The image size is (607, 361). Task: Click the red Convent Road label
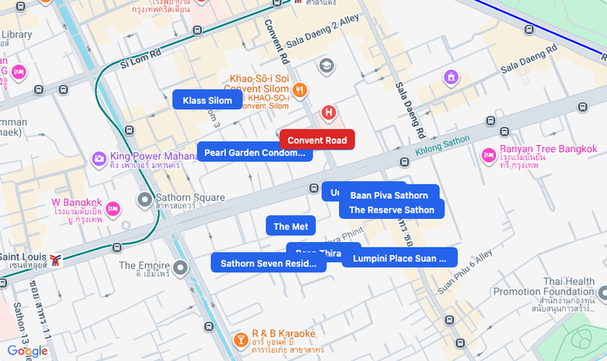[x=317, y=141]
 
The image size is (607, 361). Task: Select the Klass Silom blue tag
[x=207, y=100]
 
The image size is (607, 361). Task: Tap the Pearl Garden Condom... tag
[x=254, y=153]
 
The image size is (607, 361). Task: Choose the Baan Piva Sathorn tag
[x=389, y=195]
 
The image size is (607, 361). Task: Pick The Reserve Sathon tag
[x=392, y=210]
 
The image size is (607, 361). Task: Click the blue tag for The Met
[x=291, y=227]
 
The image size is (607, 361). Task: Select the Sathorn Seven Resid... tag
[x=268, y=263]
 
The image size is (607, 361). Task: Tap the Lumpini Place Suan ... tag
[x=400, y=259]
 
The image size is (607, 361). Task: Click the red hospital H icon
[x=329, y=112]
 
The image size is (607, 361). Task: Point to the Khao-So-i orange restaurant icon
[x=300, y=90]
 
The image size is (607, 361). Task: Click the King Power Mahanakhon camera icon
[x=99, y=157]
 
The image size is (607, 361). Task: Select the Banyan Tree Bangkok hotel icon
[x=489, y=155]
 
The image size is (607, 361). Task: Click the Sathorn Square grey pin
[x=145, y=199]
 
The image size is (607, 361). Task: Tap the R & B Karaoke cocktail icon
[x=240, y=339]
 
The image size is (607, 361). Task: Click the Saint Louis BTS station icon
[x=56, y=260]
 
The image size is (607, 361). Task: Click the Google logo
[x=27, y=350]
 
